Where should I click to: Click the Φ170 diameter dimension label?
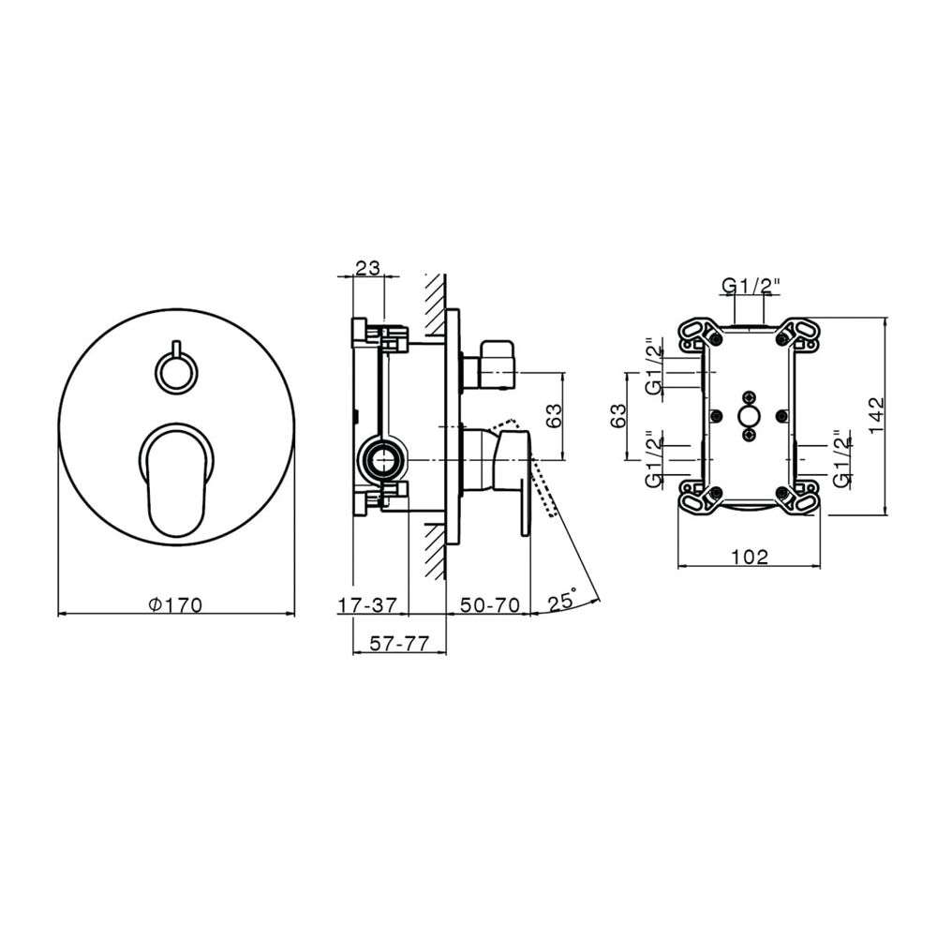point(176,605)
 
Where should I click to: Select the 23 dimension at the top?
point(368,268)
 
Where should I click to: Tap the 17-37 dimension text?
point(367,605)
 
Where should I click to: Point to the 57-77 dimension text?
point(399,644)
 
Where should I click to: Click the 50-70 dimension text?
point(490,605)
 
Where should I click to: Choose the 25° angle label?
point(562,600)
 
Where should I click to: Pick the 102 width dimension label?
point(750,557)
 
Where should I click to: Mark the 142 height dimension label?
point(876,415)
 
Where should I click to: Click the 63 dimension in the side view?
point(554,416)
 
